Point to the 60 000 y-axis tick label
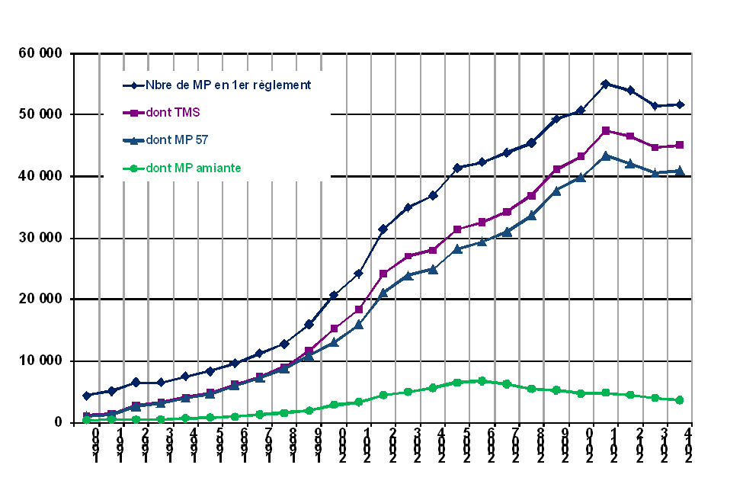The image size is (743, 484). tap(40, 53)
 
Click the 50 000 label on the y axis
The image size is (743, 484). tap(40, 115)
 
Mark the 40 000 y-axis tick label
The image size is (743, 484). tap(40, 177)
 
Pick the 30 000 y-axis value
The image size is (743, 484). tap(40, 239)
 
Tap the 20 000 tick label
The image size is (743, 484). tap(40, 300)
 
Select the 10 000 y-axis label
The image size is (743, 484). tap(40, 361)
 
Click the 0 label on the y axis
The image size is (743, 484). tap(59, 423)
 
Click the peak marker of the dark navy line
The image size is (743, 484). tap(605, 84)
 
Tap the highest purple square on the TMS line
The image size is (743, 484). tap(605, 131)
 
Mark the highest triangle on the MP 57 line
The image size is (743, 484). tap(605, 155)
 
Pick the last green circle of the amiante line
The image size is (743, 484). tap(679, 400)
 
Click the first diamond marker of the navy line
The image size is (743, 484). tap(87, 396)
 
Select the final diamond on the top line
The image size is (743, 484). tap(679, 104)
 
